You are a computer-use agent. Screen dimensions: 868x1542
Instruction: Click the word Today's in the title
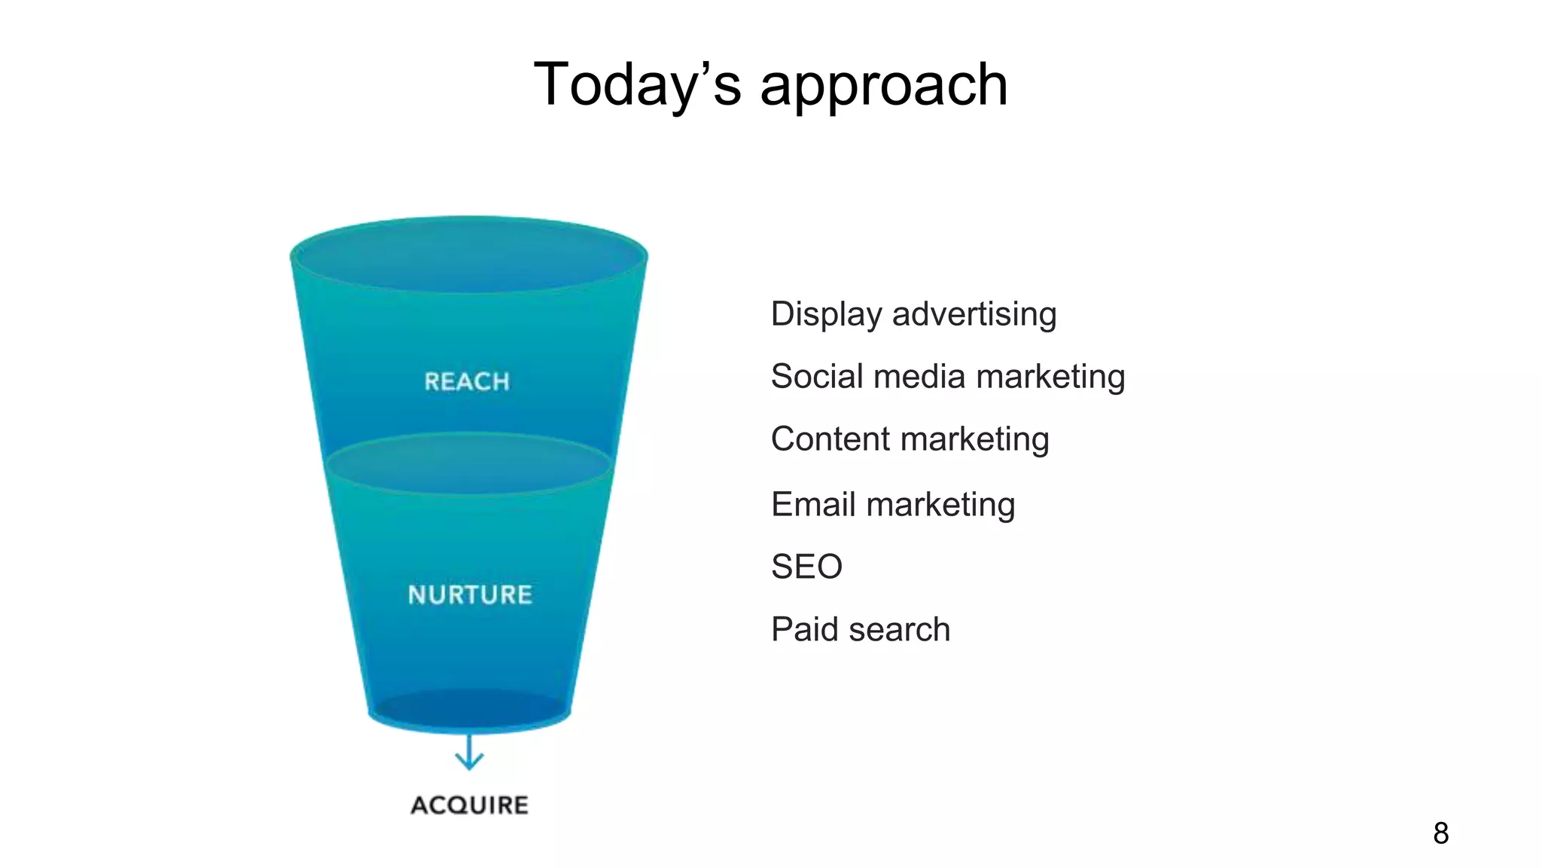[637, 84]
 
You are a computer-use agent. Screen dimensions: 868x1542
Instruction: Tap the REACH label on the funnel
[467, 381]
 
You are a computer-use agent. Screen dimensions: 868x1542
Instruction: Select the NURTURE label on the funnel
[470, 594]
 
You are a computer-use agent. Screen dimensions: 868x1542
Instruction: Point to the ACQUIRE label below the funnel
[469, 805]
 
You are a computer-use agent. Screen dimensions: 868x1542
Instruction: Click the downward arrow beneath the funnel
[469, 753]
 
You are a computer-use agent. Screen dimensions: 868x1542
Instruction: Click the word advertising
[974, 313]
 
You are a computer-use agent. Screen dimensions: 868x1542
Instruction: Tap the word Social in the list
[818, 376]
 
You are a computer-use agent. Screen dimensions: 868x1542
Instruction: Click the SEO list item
[806, 567]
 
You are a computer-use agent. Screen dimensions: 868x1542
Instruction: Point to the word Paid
[804, 629]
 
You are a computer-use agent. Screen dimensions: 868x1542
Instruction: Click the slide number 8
[1440, 833]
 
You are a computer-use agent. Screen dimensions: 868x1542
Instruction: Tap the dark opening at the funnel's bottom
[469, 709]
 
